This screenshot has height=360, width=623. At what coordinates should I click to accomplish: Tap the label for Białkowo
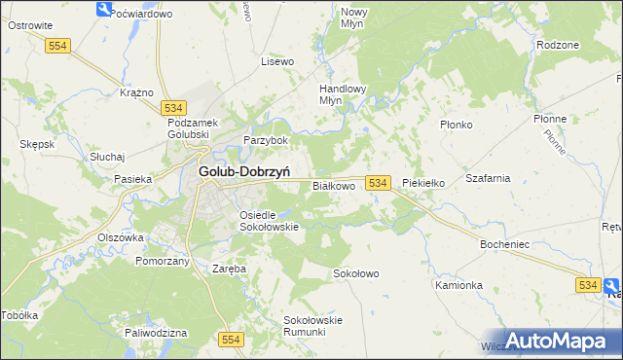333,185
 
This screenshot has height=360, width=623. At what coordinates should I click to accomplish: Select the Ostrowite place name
29,25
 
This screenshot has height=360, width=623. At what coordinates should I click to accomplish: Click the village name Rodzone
558,45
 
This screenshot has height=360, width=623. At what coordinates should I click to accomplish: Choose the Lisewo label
277,61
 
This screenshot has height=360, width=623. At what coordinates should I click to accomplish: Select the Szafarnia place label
488,179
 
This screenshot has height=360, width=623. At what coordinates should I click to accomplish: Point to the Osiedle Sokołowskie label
269,221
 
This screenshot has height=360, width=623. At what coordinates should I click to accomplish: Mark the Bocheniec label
504,244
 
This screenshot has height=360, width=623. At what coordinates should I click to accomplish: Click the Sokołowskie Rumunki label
312,325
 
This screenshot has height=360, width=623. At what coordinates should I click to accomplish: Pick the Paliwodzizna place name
156,333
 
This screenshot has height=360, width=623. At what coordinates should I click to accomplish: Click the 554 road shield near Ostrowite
59,46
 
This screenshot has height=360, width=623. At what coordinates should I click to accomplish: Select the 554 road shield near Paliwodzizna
231,339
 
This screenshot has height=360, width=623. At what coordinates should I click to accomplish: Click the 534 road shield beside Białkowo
379,183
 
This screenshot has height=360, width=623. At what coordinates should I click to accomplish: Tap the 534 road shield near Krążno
174,107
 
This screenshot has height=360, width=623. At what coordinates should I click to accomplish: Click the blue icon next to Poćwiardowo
104,10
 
